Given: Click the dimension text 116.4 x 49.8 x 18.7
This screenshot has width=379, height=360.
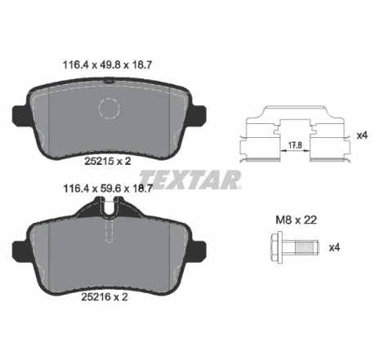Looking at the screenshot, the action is coord(107,65).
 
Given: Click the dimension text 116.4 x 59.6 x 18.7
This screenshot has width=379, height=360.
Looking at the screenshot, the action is coord(108,188).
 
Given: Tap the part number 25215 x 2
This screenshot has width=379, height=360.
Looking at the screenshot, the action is coord(108,161).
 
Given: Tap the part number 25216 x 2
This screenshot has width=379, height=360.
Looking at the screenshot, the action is coord(105,296).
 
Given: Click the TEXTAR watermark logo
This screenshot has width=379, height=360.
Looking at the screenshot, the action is coord(190,180).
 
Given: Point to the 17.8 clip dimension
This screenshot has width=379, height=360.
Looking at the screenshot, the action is coord(295,145).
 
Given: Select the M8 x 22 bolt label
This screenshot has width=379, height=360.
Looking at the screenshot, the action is coord(297,220).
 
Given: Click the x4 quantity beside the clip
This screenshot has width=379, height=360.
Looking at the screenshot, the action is coord(362,135).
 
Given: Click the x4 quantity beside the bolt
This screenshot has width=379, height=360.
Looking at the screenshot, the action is coord(334,247).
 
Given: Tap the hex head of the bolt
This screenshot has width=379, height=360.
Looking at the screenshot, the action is coord(276,247).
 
